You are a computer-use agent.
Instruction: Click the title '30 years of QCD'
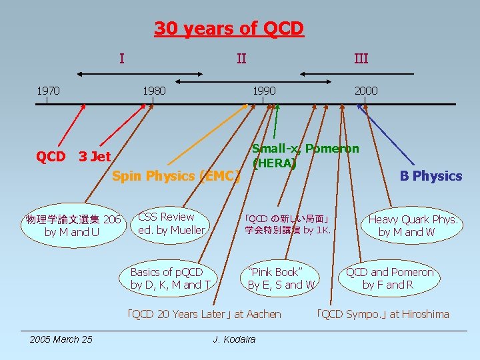click(x=229, y=29)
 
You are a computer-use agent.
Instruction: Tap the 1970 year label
click(x=47, y=90)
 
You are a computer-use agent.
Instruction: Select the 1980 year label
click(x=154, y=90)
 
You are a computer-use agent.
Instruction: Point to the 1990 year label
click(x=263, y=90)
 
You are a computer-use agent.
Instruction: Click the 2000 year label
click(x=365, y=90)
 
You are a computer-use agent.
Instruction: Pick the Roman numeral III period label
click(x=361, y=59)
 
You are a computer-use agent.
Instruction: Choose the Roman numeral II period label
click(x=241, y=59)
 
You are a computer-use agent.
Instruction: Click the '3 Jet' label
click(x=95, y=157)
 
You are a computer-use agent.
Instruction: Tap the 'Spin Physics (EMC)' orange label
click(x=176, y=177)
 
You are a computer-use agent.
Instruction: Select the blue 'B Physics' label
click(x=430, y=176)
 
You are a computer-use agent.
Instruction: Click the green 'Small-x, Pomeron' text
click(x=305, y=149)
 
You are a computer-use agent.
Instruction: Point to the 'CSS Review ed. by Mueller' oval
click(x=171, y=223)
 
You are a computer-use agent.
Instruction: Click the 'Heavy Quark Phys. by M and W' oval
click(x=413, y=225)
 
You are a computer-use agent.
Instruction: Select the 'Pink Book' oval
click(x=281, y=279)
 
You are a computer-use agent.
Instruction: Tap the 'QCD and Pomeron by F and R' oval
click(x=389, y=279)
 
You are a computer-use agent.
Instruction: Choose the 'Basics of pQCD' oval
click(x=170, y=279)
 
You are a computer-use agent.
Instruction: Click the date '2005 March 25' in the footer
click(x=61, y=339)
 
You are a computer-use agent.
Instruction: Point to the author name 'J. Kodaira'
click(x=234, y=339)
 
